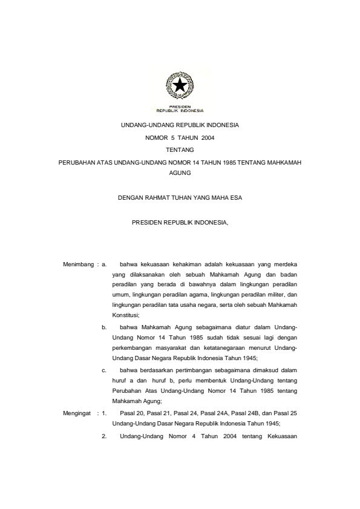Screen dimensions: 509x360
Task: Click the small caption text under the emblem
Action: [x=180, y=110]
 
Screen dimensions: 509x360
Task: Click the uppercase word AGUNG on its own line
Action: [x=180, y=172]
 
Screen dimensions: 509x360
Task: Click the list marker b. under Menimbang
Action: [x=104, y=327]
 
